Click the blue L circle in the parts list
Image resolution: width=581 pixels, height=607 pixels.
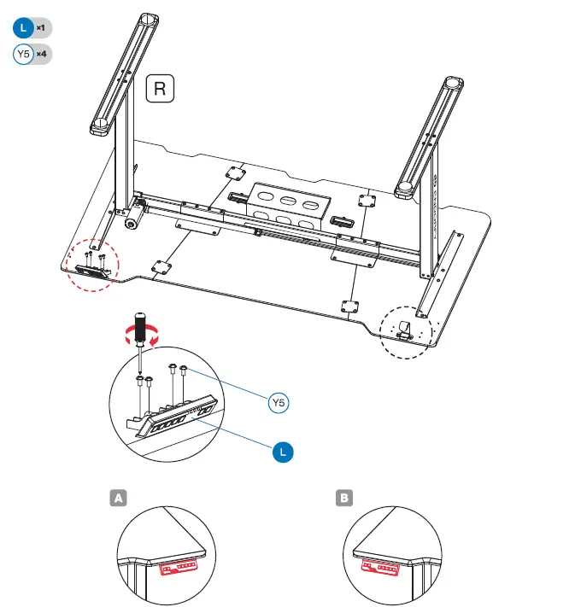[x=23, y=28]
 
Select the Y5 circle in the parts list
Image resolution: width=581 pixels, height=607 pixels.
[x=23, y=55]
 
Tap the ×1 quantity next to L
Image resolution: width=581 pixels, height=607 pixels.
[x=41, y=28]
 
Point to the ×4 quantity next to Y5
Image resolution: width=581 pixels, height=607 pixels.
[x=41, y=55]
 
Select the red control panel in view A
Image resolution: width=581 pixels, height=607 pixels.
[x=179, y=566]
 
